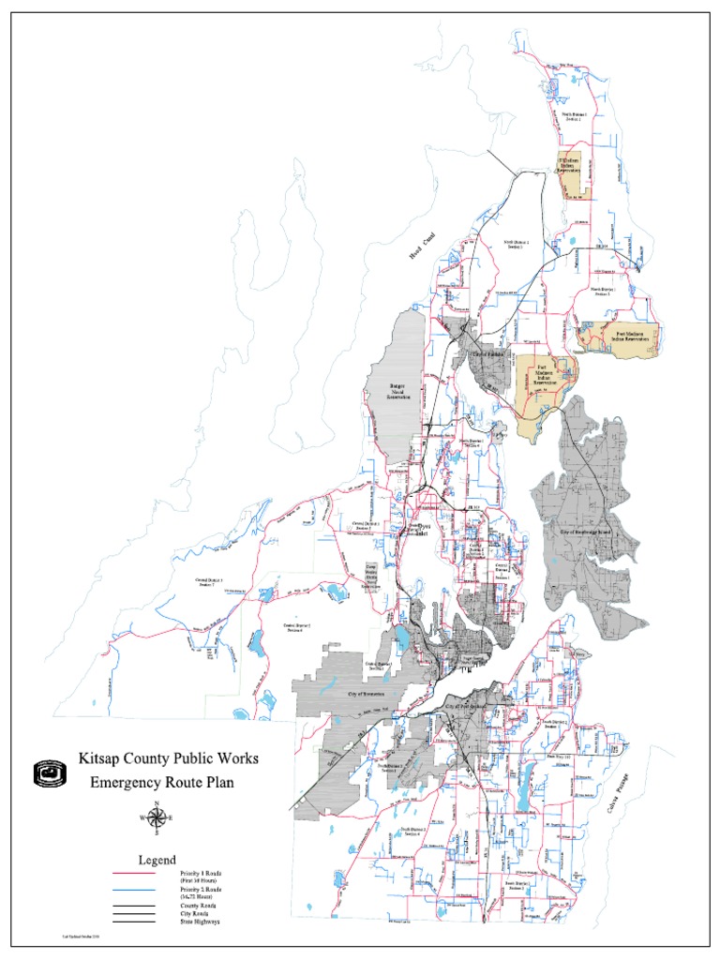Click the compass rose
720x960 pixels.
pyautogui.click(x=156, y=817)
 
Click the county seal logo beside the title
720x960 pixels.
pyautogui.click(x=50, y=772)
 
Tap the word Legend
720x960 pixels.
pyautogui.click(x=157, y=860)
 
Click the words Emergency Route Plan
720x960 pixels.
pyautogui.click(x=160, y=781)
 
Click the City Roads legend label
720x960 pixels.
pyautogui.click(x=196, y=915)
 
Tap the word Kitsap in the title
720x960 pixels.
pyautogui.click(x=100, y=757)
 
